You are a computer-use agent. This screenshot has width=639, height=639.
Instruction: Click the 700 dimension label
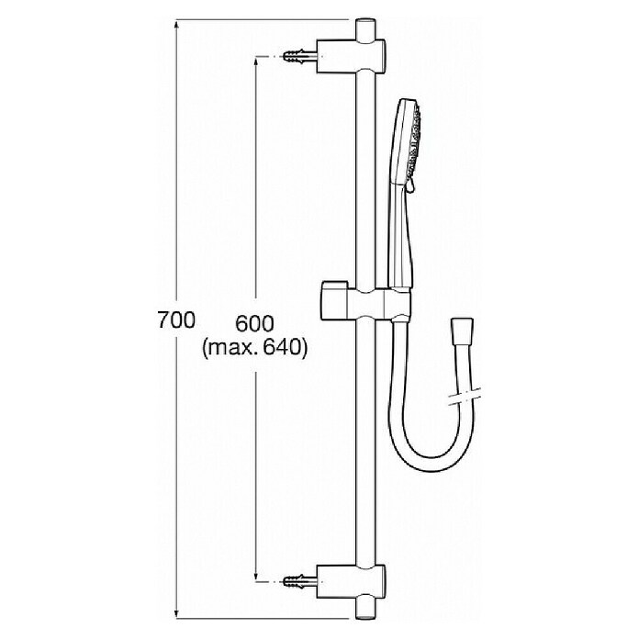(x=176, y=320)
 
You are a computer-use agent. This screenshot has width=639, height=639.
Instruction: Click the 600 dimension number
(x=254, y=324)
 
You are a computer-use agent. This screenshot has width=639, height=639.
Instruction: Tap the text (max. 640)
(x=254, y=349)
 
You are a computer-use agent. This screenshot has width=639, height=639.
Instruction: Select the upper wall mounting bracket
(x=351, y=56)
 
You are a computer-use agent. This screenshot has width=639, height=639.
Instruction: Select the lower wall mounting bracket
(x=351, y=581)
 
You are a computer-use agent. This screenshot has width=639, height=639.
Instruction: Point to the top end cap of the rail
(x=365, y=28)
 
